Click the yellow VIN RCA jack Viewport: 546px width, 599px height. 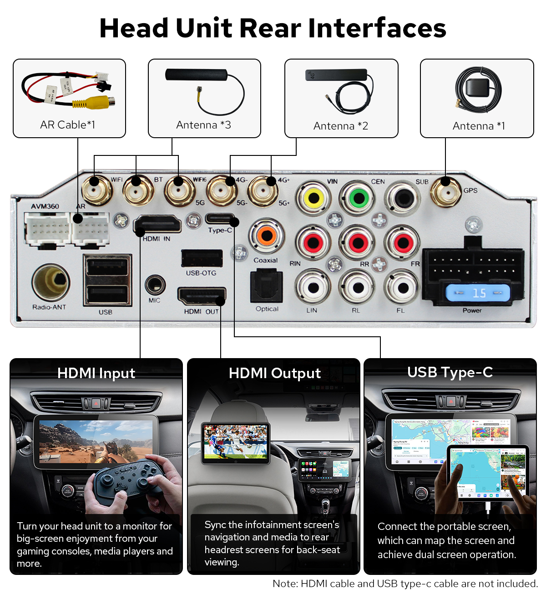click(313, 198)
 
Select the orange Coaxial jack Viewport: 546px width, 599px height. click(266, 236)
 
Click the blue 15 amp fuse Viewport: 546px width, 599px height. click(478, 292)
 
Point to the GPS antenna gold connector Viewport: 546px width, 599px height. click(445, 192)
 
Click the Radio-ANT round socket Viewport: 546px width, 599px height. click(51, 282)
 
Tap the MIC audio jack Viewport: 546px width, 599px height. click(155, 285)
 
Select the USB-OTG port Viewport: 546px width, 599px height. click(202, 258)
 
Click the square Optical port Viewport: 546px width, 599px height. click(267, 285)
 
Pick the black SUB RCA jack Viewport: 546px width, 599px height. click(403, 198)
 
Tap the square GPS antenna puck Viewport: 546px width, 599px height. click(478, 88)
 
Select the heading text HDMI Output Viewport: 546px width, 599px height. click(274, 373)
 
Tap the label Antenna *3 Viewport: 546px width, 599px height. click(204, 125)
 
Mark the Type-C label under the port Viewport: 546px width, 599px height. click(220, 230)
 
